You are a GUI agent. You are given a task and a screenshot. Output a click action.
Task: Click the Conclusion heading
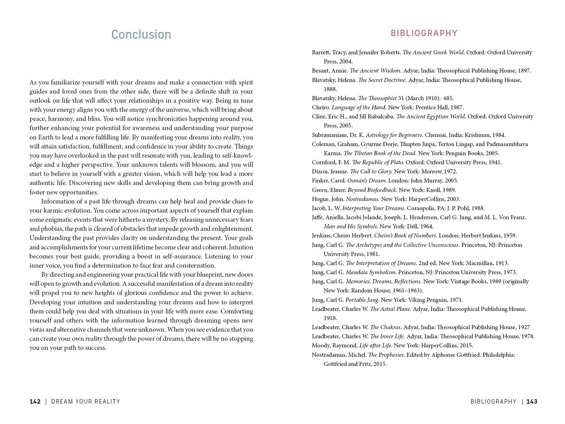tap(141, 34)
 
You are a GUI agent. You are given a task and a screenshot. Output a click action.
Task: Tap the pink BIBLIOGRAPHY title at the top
tap(424, 33)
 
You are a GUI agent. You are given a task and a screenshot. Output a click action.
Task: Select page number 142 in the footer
tap(35, 401)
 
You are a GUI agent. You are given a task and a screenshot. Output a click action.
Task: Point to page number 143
tap(532, 401)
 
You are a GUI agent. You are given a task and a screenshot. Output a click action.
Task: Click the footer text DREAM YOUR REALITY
tap(86, 401)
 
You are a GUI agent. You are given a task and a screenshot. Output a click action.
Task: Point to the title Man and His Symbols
tap(350, 226)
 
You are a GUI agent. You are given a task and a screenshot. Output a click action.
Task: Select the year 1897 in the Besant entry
tap(524, 71)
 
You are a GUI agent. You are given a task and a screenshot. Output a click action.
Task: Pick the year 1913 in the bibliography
tap(502, 263)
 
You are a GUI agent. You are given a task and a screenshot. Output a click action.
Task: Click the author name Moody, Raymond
tap(334, 345)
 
